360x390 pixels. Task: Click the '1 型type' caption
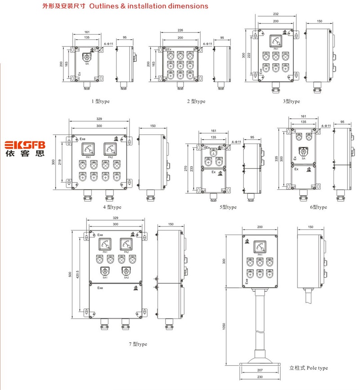[x=100, y=101]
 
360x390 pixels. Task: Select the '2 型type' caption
[x=196, y=101]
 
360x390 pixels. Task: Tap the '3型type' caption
[x=292, y=101]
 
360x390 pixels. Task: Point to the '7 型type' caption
[x=138, y=344]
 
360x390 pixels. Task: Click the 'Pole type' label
[x=317, y=368]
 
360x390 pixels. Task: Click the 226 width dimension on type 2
[x=180, y=30]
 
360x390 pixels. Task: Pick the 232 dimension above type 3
[x=276, y=14]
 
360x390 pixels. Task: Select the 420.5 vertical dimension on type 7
[x=77, y=274]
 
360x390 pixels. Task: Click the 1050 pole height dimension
[x=224, y=327]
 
